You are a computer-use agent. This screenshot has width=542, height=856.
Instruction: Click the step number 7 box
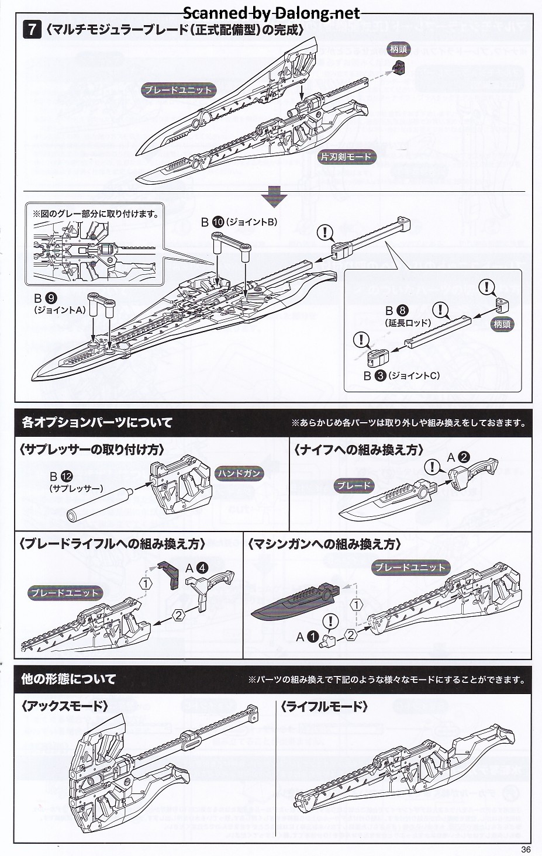tap(32, 30)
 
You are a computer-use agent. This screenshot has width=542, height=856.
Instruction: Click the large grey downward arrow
tap(274, 197)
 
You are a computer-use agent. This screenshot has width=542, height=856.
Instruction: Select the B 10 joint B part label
tap(239, 222)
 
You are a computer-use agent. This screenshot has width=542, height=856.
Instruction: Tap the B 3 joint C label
tap(402, 375)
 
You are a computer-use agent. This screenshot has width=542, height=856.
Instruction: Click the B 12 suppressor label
tap(76, 481)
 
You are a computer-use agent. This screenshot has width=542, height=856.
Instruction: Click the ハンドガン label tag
tap(240, 474)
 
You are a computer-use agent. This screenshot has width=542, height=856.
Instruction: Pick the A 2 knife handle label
tap(459, 458)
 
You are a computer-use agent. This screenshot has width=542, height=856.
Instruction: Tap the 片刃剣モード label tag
tap(346, 157)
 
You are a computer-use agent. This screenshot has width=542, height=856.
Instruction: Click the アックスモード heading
tap(64, 706)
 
